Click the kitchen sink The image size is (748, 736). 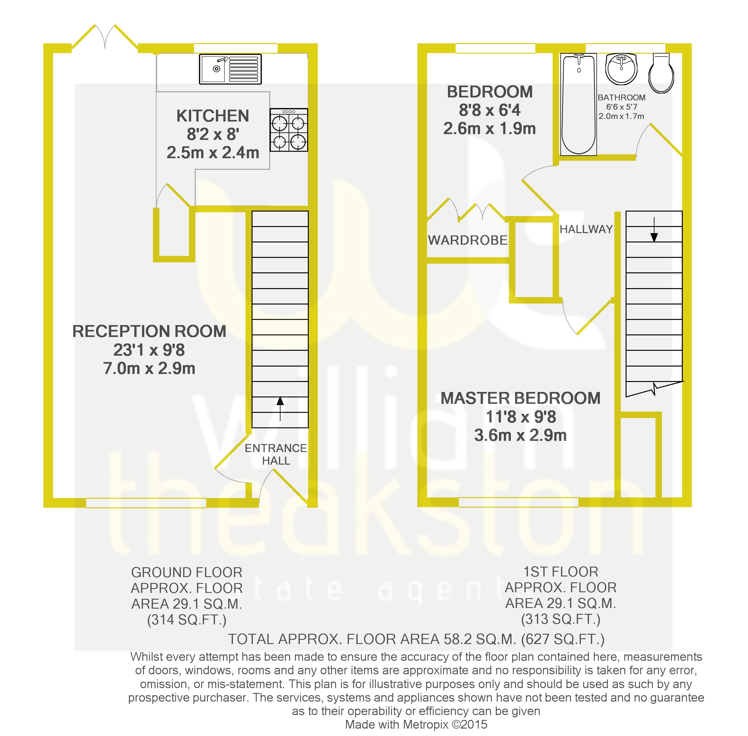pyautogui.click(x=230, y=69)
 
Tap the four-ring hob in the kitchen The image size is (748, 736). pyautogui.click(x=289, y=130)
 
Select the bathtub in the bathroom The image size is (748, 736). pyautogui.click(x=578, y=104)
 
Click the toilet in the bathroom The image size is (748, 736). pyautogui.click(x=661, y=73)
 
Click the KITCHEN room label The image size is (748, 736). pyautogui.click(x=212, y=116)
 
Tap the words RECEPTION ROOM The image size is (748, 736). pyautogui.click(x=149, y=331)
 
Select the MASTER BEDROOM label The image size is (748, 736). pyautogui.click(x=521, y=398)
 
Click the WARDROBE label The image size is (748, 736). pyautogui.click(x=468, y=240)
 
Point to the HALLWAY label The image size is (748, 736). pyautogui.click(x=586, y=229)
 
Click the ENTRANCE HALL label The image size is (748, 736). pyautogui.click(x=276, y=454)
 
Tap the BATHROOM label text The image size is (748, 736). pyautogui.click(x=621, y=97)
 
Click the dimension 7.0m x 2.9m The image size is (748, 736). pyautogui.click(x=149, y=368)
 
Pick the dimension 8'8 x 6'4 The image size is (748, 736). pyautogui.click(x=490, y=110)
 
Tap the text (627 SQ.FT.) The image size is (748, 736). pyautogui.click(x=563, y=639)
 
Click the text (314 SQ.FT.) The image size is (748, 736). pyautogui.click(x=187, y=620)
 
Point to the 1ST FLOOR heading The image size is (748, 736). pyautogui.click(x=561, y=572)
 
